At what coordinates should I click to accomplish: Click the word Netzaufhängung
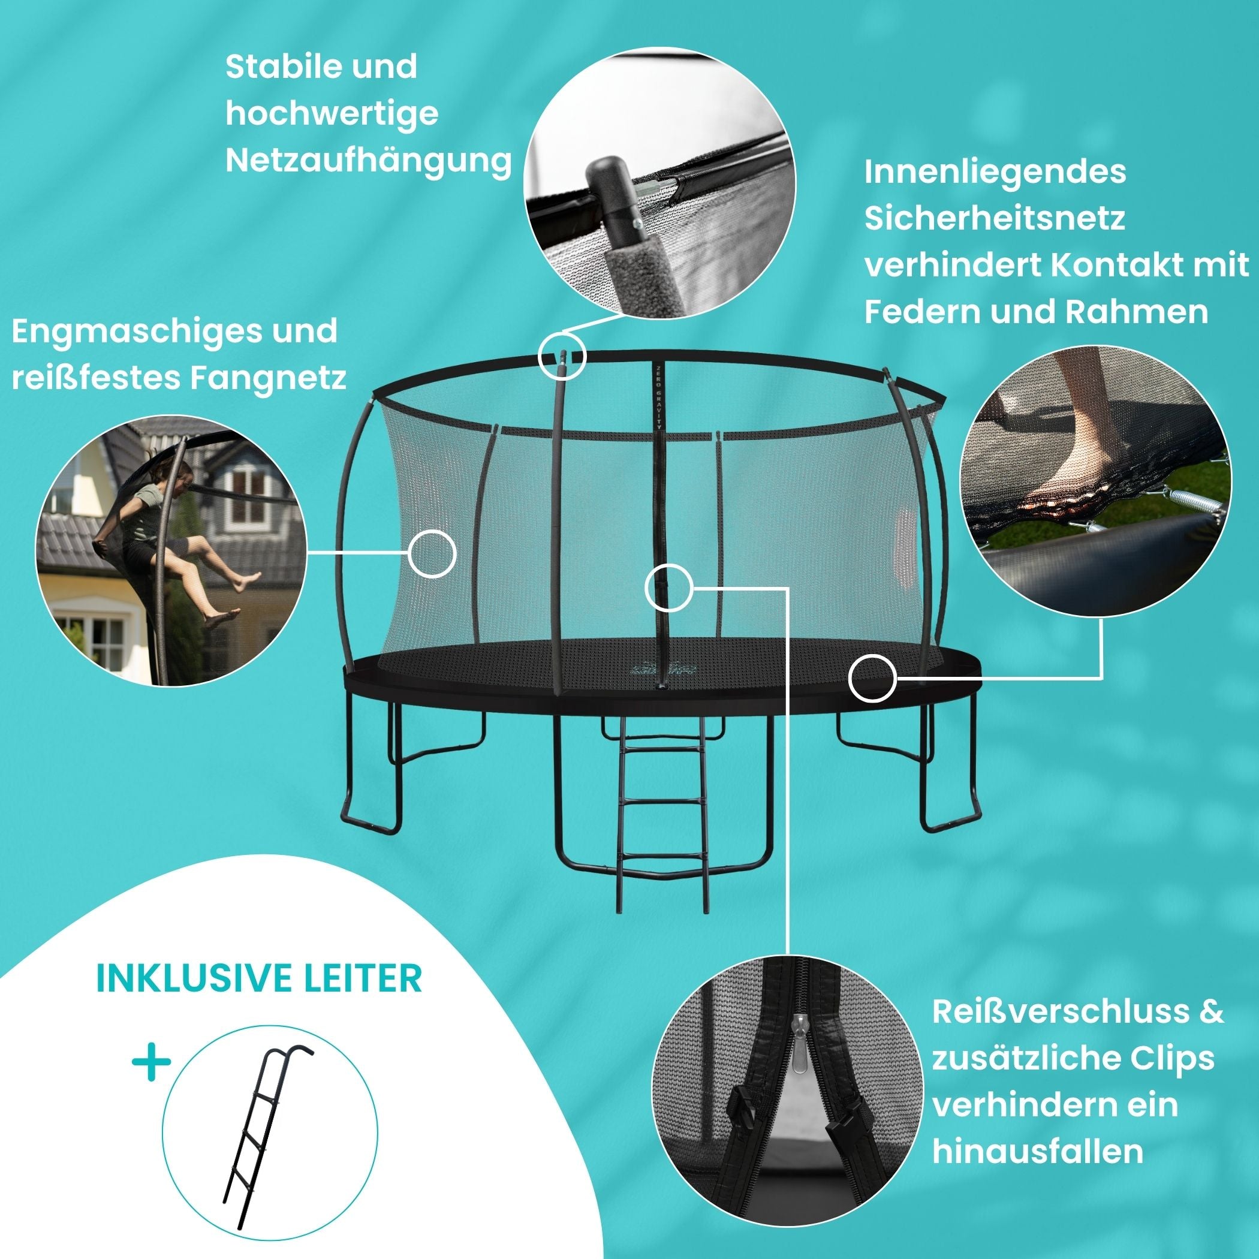pyautogui.click(x=368, y=161)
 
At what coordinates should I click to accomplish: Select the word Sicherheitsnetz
pyautogui.click(x=995, y=218)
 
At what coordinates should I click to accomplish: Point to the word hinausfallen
pyautogui.click(x=1037, y=1152)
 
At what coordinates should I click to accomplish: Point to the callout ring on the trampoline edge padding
pyautogui.click(x=872, y=679)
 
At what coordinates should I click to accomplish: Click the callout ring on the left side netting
pyautogui.click(x=432, y=553)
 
